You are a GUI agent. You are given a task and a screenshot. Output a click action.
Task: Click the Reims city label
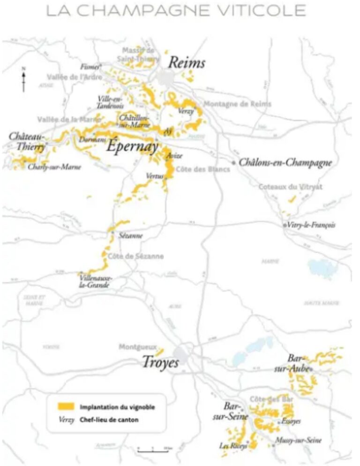click(186, 62)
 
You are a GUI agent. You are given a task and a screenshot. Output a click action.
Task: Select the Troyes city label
click(160, 362)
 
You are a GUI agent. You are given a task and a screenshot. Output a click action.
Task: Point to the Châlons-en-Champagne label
click(285, 163)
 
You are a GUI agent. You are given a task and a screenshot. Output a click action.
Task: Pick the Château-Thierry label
click(27, 142)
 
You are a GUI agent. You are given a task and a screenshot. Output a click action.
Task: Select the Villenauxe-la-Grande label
click(95, 281)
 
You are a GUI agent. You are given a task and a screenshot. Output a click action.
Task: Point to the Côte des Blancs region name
click(202, 169)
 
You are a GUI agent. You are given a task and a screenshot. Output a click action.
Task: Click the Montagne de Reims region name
click(237, 104)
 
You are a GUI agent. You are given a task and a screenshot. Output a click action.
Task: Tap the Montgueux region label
click(137, 347)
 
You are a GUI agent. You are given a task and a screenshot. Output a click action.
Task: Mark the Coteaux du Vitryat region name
click(291, 187)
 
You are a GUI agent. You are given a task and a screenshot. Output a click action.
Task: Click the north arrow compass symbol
click(23, 80)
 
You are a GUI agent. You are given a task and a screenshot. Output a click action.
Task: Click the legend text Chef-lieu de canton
click(109, 420)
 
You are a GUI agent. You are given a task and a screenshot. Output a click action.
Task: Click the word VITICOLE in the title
click(259, 10)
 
